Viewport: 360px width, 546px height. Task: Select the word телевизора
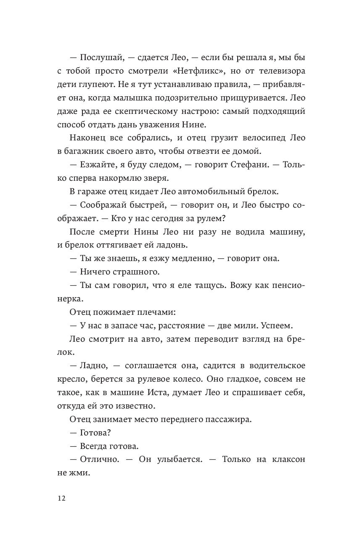tap(279, 70)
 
